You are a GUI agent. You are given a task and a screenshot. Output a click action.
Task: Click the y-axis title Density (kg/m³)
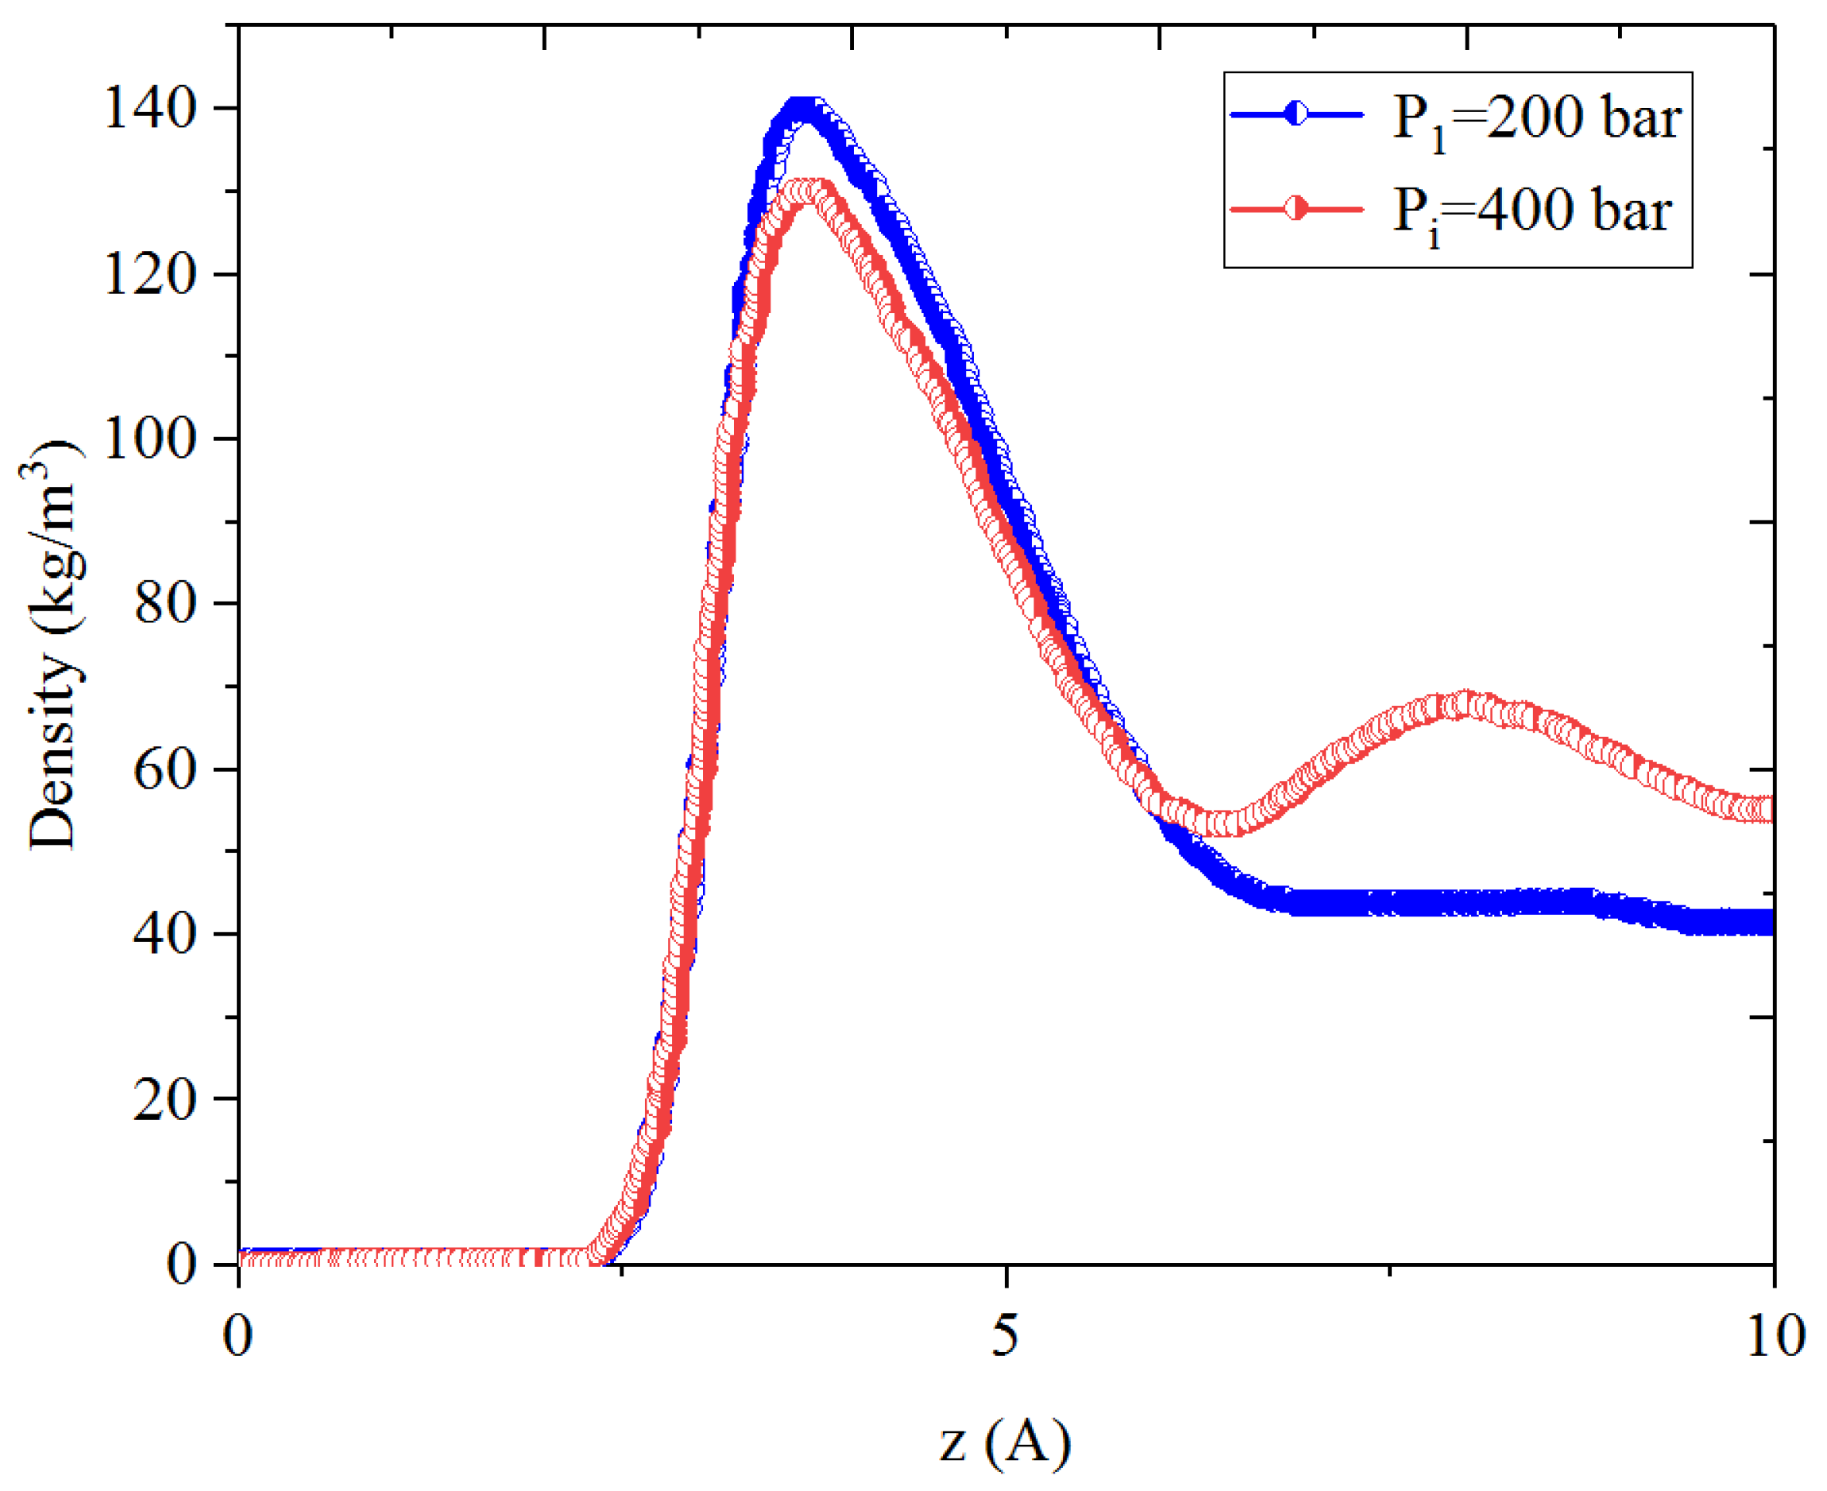53,644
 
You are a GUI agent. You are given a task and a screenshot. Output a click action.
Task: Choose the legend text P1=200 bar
1535,118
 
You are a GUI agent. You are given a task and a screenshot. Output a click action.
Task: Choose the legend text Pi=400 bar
1531,211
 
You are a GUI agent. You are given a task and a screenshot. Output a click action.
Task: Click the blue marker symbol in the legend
1296,114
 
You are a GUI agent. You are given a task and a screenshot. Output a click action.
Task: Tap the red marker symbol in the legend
1296,209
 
